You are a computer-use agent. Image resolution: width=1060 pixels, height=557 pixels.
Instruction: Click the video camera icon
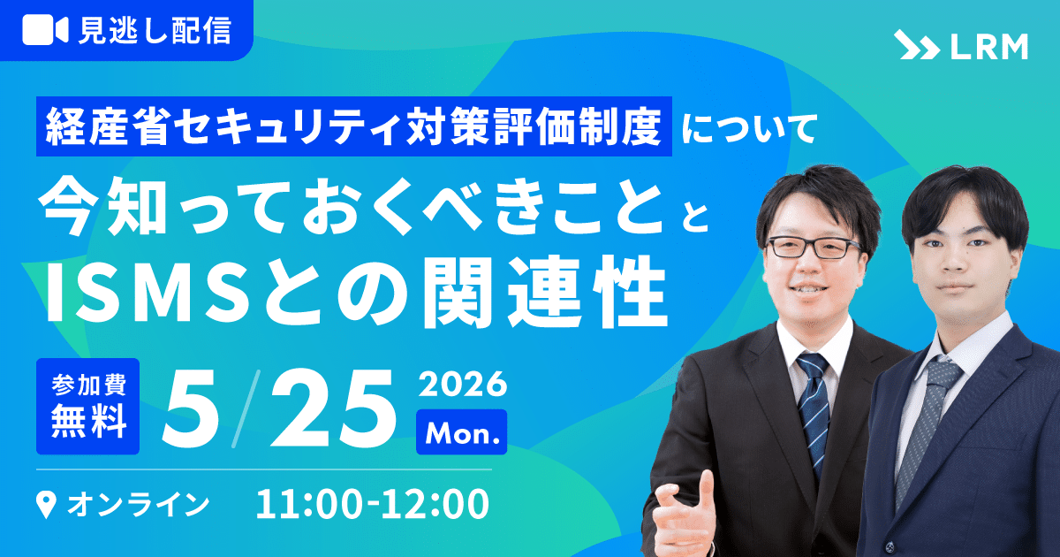pyautogui.click(x=45, y=30)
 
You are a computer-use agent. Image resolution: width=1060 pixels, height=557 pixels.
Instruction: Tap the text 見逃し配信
pyautogui.click(x=155, y=31)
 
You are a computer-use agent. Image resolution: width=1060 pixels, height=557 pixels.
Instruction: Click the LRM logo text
pyautogui.click(x=989, y=46)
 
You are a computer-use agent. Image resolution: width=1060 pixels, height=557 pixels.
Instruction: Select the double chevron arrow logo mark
pyautogui.click(x=917, y=45)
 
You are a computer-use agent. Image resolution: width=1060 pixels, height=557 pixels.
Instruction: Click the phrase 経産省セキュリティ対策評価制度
pyautogui.click(x=353, y=126)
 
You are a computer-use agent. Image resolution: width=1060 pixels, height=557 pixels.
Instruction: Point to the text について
pyautogui.click(x=750, y=127)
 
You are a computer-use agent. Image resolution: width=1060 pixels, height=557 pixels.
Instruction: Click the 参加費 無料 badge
pyautogui.click(x=88, y=406)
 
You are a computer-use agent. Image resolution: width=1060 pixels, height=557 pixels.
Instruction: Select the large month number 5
pyautogui.click(x=190, y=408)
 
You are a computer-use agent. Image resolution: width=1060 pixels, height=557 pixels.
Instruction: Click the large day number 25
pyautogui.click(x=333, y=408)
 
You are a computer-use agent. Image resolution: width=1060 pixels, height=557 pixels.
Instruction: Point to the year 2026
pyautogui.click(x=462, y=384)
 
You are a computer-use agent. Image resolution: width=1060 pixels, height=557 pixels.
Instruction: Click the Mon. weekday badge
pyautogui.click(x=462, y=432)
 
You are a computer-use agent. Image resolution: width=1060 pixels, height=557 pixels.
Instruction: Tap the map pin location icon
pyautogui.click(x=46, y=505)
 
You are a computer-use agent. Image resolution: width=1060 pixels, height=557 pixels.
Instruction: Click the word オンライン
pyautogui.click(x=138, y=504)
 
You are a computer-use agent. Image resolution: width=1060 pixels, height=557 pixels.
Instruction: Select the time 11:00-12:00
pyautogui.click(x=373, y=504)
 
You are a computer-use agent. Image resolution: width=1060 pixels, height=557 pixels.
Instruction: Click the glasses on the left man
pyautogui.click(x=813, y=248)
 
